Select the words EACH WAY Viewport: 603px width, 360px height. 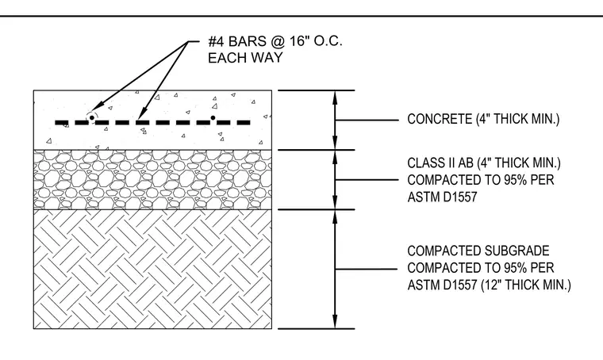tap(245, 58)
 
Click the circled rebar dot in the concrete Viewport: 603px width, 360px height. tap(92, 117)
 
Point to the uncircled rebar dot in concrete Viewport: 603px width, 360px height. tap(213, 117)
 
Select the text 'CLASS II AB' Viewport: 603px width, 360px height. tap(440, 163)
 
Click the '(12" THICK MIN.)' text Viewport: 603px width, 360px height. tap(526, 285)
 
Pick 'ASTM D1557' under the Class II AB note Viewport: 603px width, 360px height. tap(442, 197)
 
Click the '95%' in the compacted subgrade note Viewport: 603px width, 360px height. tap(514, 268)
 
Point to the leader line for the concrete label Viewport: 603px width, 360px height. tap(367, 121)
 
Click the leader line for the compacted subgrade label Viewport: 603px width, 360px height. tap(366, 269)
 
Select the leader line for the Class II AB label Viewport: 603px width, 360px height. tap(367, 179)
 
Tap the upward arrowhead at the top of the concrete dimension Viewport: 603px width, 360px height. tap(335, 98)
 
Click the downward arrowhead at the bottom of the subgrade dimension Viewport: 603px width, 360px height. tap(335, 322)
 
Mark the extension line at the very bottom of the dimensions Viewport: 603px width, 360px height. tap(316, 329)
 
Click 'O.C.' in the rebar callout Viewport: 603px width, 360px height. tap(328, 40)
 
